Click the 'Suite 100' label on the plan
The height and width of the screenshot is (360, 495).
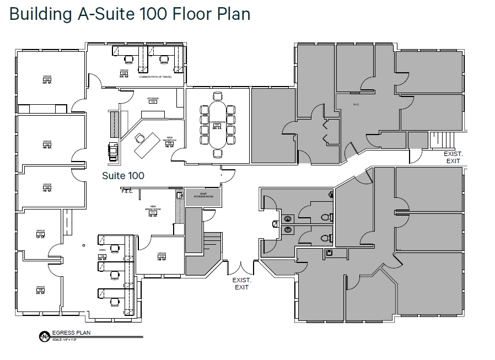(x=123, y=175)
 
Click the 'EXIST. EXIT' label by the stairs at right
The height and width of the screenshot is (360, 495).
(x=453, y=157)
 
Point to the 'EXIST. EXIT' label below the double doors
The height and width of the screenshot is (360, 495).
(x=241, y=283)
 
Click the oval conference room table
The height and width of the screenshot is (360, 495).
(x=217, y=124)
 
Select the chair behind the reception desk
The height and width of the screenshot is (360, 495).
(x=139, y=137)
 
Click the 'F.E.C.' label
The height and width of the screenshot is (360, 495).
(x=128, y=191)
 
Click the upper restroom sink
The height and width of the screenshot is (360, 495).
(x=287, y=218)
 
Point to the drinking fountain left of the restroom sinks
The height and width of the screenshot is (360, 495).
(x=274, y=224)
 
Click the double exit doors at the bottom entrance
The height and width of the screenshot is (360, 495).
(x=240, y=268)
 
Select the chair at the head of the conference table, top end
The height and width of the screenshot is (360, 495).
(x=217, y=97)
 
